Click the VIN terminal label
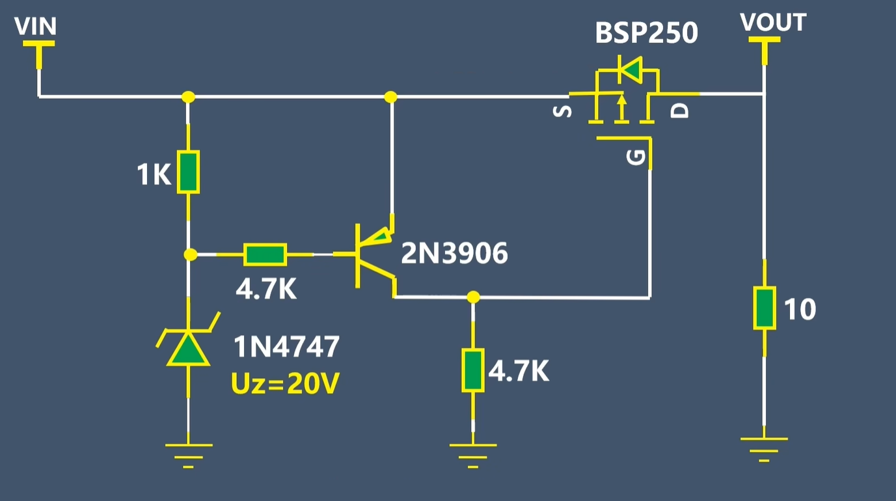click(x=35, y=27)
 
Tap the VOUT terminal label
click(x=773, y=22)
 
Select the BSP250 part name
click(x=646, y=33)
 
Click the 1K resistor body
click(x=188, y=172)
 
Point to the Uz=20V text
click(x=285, y=383)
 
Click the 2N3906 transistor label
click(x=454, y=253)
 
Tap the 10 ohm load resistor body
click(x=765, y=308)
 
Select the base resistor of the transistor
click(x=265, y=254)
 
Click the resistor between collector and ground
click(x=473, y=370)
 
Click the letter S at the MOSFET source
click(x=562, y=111)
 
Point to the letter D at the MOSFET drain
click(x=679, y=111)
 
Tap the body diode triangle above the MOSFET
click(x=632, y=70)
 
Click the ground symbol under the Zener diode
click(x=189, y=455)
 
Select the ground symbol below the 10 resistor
click(x=764, y=450)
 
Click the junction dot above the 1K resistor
click(x=189, y=97)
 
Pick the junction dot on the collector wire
click(x=473, y=297)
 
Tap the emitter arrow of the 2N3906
click(x=381, y=237)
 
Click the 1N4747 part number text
click(x=286, y=347)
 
